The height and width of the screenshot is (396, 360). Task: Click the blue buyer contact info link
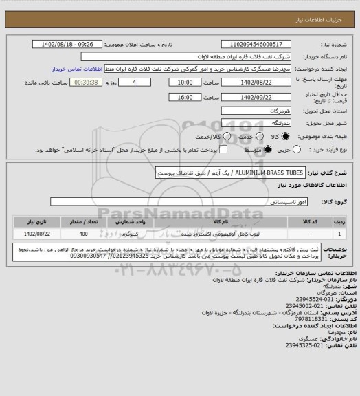79,69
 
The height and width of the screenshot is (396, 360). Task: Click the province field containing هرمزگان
262,111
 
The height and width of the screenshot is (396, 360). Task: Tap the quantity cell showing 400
83,234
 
